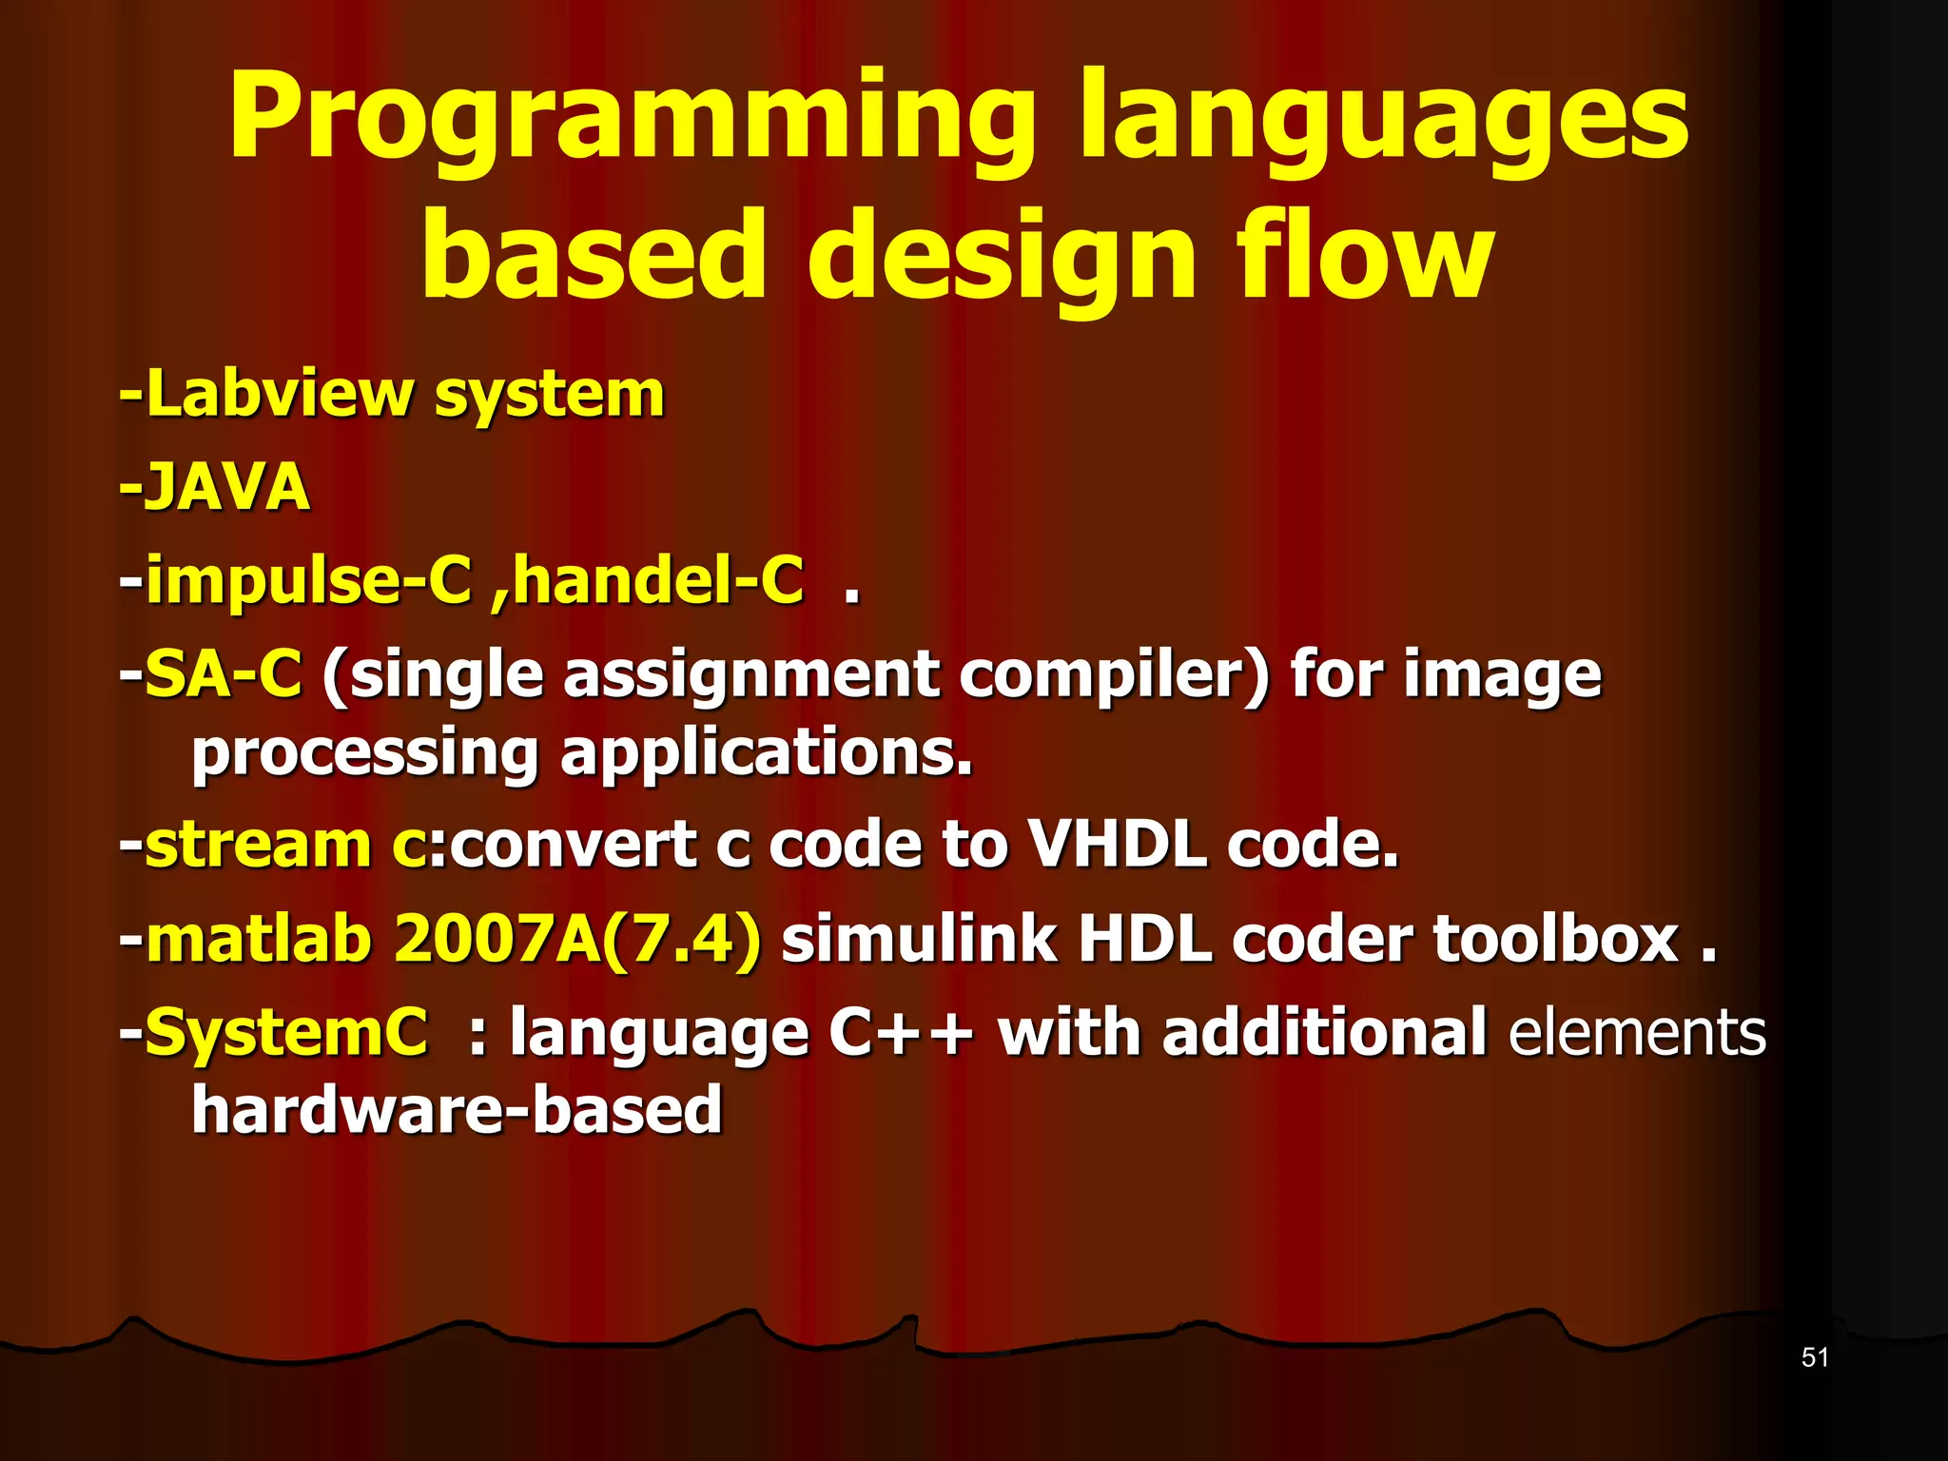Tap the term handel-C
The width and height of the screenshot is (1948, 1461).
[x=657, y=580]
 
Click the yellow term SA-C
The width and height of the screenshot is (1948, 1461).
[x=223, y=674]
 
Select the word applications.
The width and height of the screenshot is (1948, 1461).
[x=767, y=752]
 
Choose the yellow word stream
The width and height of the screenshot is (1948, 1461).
[x=257, y=844]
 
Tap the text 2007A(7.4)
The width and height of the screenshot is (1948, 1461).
[x=577, y=938]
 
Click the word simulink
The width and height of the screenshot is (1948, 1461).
[x=918, y=938]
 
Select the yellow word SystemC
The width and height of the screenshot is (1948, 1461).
[x=285, y=1032]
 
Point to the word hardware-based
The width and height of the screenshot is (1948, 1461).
[x=457, y=1110]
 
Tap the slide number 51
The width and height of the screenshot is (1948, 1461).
[x=1815, y=1357]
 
